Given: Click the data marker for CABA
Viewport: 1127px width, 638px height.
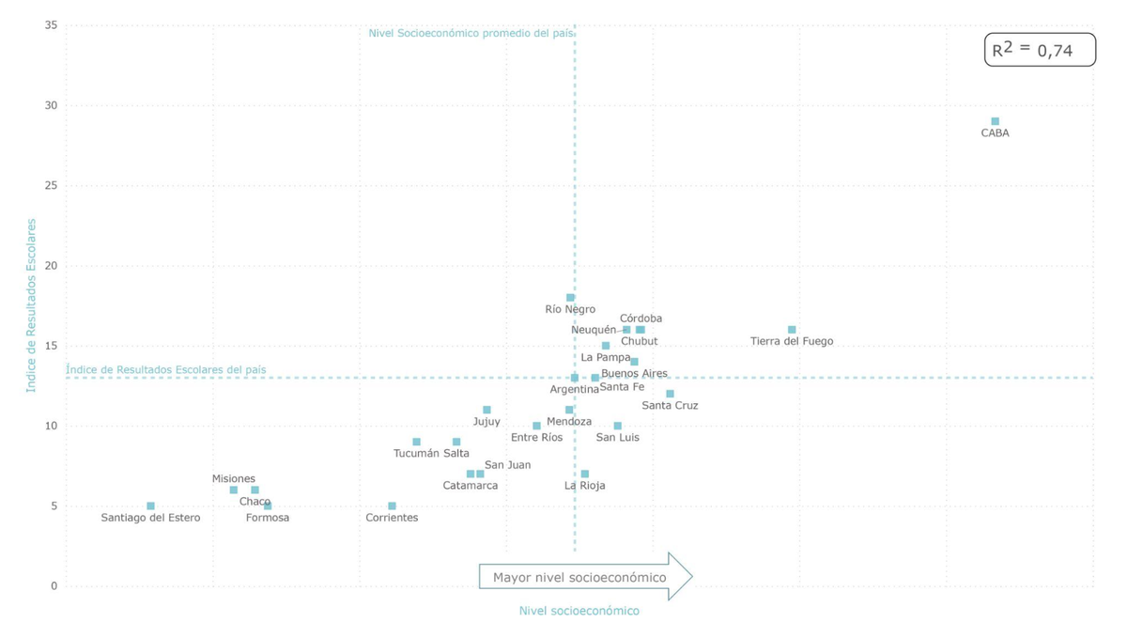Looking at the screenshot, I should tap(995, 121).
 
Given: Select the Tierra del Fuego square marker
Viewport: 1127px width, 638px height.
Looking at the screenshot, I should tap(792, 330).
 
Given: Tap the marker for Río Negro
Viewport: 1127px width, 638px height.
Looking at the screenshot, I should tap(570, 298).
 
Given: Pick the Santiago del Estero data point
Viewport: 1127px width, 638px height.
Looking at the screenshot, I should tap(150, 506).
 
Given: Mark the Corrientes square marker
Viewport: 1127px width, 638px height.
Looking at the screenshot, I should tap(392, 506).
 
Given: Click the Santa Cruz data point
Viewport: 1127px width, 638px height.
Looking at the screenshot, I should tap(670, 394).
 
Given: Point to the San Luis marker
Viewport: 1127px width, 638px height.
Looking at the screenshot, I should tap(617, 426).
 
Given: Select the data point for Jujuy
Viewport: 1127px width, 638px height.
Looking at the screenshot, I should tap(486, 410).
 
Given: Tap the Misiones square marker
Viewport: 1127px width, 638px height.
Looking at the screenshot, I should tap(234, 490).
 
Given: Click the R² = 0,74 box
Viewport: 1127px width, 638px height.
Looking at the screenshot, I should tap(1040, 50).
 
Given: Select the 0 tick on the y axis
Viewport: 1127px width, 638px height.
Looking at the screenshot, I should tap(54, 586).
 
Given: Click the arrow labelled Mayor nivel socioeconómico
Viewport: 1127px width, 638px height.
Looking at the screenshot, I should tap(584, 577).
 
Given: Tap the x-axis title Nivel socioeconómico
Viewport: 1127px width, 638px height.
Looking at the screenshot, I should tap(579, 611).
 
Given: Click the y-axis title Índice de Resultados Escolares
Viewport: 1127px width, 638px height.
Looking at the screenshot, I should tap(31, 305).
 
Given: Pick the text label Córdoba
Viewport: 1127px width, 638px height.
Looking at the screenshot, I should tap(641, 319).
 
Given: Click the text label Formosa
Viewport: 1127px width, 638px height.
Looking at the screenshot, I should tap(267, 518).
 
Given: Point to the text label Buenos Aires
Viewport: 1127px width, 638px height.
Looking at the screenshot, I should tap(634, 373).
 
